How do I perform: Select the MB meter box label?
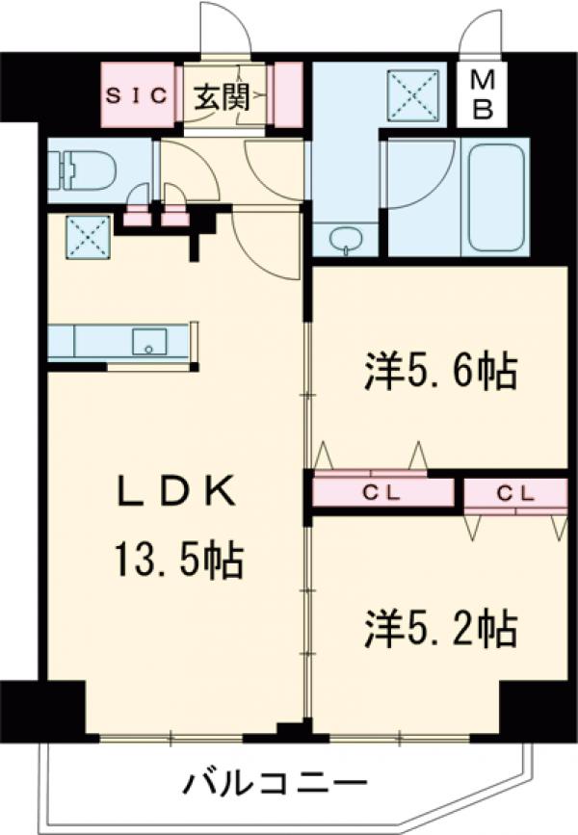(483, 95)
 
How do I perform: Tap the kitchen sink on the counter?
(149, 341)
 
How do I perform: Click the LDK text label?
(176, 492)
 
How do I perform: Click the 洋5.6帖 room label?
(440, 371)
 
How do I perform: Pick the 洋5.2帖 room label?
(440, 628)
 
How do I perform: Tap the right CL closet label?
(515, 492)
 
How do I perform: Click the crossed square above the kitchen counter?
(87, 236)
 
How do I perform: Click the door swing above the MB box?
(481, 37)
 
